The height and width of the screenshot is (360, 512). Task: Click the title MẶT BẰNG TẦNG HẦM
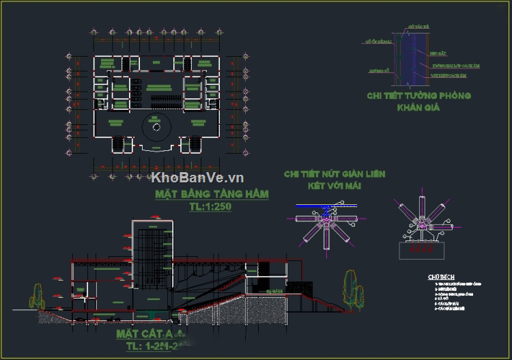pos(212,194)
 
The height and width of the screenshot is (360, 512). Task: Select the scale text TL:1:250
pos(211,206)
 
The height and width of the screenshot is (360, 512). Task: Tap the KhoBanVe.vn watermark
pos(198,178)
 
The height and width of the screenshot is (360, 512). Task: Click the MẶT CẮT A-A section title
pos(150,334)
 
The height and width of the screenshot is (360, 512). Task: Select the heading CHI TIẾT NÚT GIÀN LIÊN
pos(335,174)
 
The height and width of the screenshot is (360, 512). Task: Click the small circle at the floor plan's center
pos(156,126)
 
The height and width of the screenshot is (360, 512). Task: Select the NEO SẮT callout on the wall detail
pos(438,53)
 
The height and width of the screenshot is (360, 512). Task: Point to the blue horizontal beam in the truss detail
pos(325,205)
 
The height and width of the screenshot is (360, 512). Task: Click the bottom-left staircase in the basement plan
pos(117,145)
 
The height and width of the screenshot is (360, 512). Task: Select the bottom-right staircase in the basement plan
pos(195,145)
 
